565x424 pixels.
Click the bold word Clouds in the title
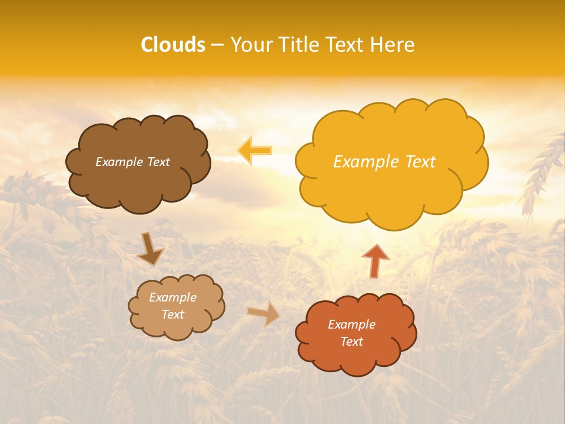pyautogui.click(x=172, y=45)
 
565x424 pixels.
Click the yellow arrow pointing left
pyautogui.click(x=255, y=150)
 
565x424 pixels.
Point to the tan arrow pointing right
pyautogui.click(x=264, y=313)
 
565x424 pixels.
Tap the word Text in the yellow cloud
pyautogui.click(x=421, y=162)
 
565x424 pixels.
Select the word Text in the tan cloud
pyautogui.click(x=173, y=314)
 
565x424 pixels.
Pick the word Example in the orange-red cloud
pyautogui.click(x=351, y=324)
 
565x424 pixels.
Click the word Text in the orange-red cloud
pyautogui.click(x=351, y=342)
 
